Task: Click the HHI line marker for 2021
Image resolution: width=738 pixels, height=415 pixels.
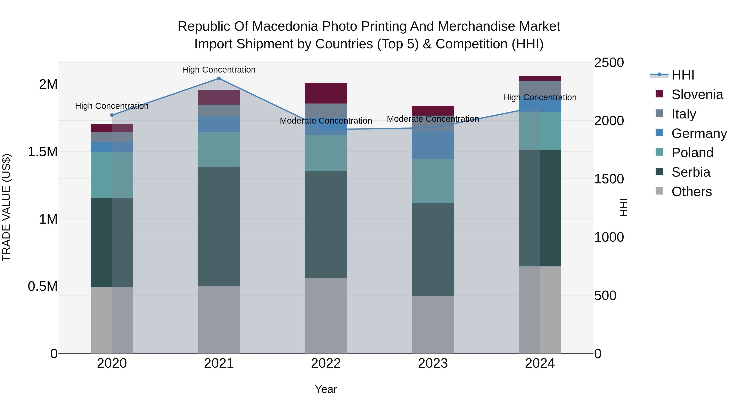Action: (x=219, y=78)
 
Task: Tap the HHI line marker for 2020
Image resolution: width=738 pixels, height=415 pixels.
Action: (x=112, y=115)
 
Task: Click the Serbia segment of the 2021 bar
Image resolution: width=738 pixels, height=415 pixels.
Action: (x=219, y=226)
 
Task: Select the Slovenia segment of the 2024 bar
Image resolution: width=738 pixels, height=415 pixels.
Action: (x=540, y=78)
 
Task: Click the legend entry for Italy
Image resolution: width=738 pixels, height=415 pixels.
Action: (x=683, y=114)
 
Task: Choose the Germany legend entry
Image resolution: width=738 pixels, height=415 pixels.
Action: (x=699, y=133)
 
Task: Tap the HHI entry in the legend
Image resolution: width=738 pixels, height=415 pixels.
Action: (x=682, y=75)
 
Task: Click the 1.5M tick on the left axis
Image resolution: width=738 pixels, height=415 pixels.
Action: (x=42, y=152)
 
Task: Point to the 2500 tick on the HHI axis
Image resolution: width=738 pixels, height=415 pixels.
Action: (x=609, y=63)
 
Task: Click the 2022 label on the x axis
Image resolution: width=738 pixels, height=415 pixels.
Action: (x=326, y=363)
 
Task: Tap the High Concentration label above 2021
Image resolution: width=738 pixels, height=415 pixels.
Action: (x=219, y=70)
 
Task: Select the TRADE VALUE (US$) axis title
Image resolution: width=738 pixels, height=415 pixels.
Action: (x=6, y=207)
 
